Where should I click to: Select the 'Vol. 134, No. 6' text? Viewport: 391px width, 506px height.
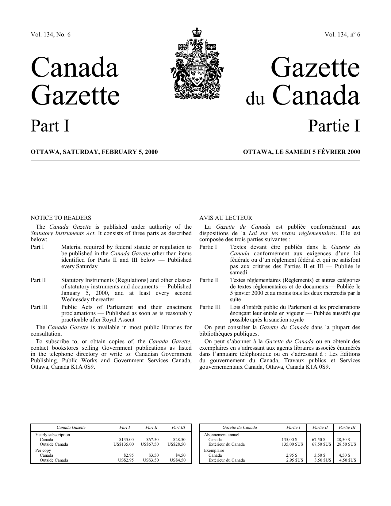[50, 35]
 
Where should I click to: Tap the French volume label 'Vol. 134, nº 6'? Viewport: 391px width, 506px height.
[343, 35]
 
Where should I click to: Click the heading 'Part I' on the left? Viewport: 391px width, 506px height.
[50, 126]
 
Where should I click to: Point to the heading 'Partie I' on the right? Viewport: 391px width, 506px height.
[334, 126]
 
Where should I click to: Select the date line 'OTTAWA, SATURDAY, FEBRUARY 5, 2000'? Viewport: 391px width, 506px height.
[94, 152]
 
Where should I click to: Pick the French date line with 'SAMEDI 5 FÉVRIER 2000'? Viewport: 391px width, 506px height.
[301, 152]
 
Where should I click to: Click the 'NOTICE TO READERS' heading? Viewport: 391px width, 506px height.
[61, 218]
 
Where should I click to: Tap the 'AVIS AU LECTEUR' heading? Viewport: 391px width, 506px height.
[225, 218]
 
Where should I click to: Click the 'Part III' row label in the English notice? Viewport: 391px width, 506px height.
[39, 307]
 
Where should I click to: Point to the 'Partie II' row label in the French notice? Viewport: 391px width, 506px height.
[209, 280]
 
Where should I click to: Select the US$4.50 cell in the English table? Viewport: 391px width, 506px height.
[178, 460]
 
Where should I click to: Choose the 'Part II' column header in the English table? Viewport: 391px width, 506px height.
[151, 427]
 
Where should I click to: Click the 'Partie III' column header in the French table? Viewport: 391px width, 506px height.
[347, 427]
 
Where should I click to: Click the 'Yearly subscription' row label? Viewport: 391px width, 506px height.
[52, 435]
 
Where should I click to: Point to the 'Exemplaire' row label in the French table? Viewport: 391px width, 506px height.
[214, 450]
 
